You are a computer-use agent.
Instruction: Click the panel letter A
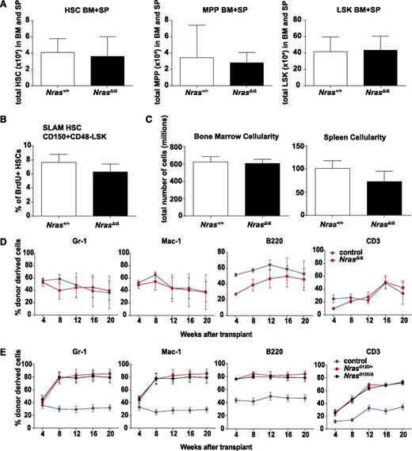6,6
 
